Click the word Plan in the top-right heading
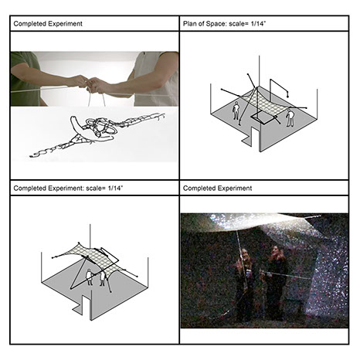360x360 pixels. coord(188,24)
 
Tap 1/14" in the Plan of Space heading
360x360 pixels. coord(258,24)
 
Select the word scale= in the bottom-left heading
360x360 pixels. coord(96,188)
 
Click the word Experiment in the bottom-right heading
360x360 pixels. coord(235,188)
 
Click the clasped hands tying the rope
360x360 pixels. coord(90,83)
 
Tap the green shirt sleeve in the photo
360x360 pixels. coord(25,63)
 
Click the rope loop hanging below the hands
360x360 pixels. coord(97,100)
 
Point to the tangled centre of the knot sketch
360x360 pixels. coord(99,127)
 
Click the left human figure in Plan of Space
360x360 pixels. coord(236,110)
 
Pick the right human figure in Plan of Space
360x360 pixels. coord(290,118)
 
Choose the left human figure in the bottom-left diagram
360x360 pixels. coord(90,277)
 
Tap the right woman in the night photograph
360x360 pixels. coord(276,280)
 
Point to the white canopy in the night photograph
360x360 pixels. coord(257,222)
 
